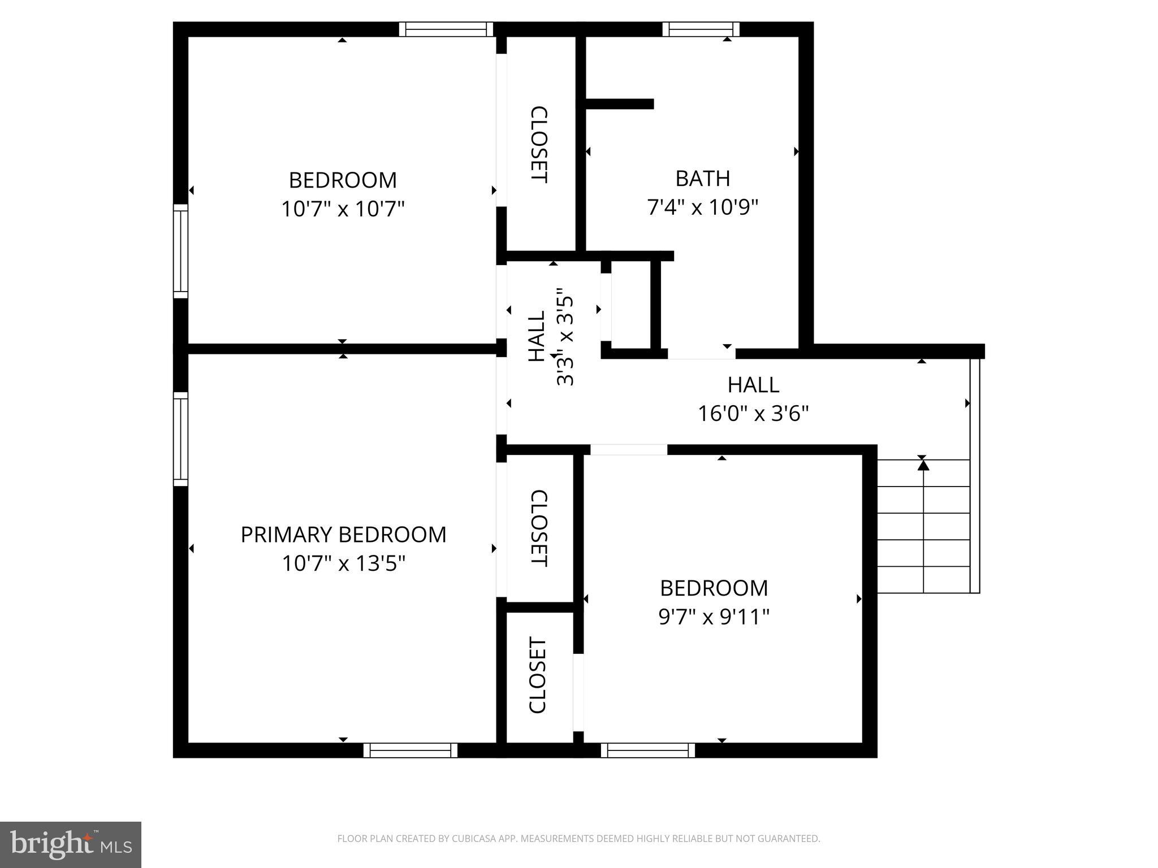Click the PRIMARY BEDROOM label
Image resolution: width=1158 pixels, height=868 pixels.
(343, 535)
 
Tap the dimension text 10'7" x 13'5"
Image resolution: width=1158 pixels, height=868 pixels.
(343, 563)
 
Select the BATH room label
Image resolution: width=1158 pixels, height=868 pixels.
(702, 179)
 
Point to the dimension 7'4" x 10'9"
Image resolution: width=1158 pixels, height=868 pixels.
(702, 207)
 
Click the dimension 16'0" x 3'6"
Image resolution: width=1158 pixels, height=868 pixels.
(753, 414)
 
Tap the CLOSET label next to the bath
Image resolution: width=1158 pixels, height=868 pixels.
(538, 145)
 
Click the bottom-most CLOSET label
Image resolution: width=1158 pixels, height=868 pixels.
(537, 675)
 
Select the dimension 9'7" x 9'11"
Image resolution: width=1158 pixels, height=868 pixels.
(714, 617)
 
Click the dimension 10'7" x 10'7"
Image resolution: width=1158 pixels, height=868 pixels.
(343, 209)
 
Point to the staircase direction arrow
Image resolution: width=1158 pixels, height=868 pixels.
(923, 465)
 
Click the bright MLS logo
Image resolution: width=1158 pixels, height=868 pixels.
(70, 844)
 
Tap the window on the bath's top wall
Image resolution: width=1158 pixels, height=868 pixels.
(701, 29)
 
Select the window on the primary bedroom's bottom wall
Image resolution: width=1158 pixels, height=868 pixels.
(410, 750)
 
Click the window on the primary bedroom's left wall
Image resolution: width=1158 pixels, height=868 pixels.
(180, 439)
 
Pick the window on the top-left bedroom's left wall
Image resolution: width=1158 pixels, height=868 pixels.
(180, 251)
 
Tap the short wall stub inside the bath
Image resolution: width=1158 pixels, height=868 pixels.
(619, 104)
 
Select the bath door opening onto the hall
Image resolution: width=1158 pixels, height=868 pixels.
(702, 353)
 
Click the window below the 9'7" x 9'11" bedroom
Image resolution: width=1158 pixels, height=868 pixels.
(648, 750)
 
